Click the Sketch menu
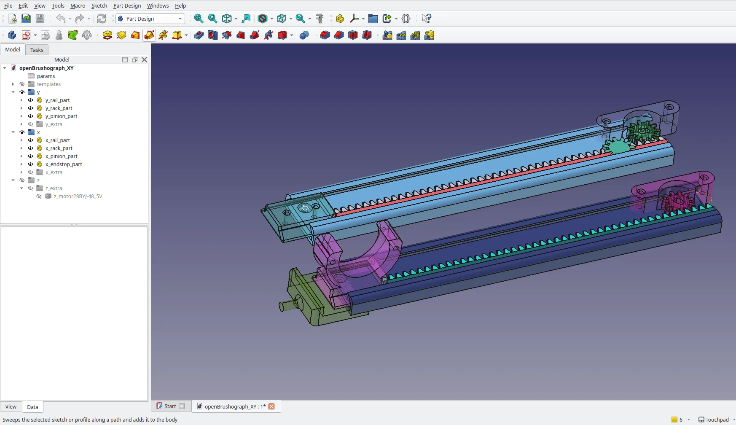click(99, 5)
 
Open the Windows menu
click(158, 5)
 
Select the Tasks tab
click(37, 50)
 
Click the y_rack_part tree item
click(59, 108)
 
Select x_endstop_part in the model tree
click(64, 164)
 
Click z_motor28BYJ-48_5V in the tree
click(78, 196)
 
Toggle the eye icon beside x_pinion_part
click(30, 156)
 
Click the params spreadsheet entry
click(46, 76)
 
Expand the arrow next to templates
click(13, 84)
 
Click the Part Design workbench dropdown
click(150, 19)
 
